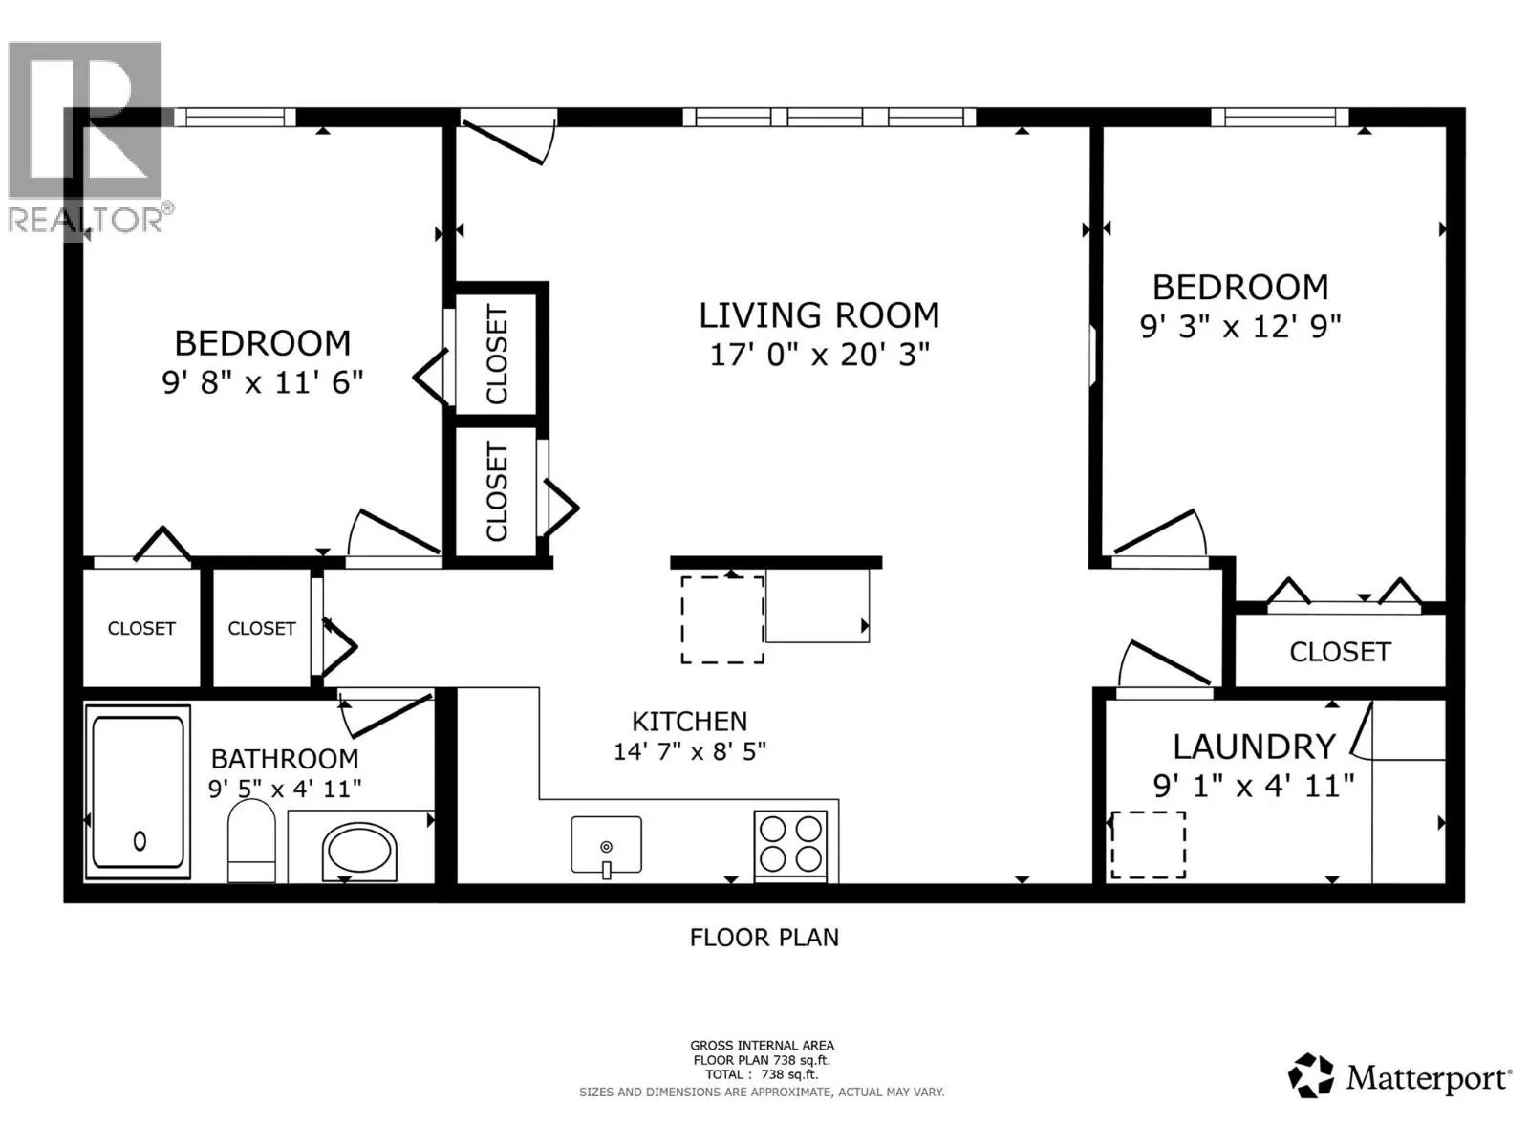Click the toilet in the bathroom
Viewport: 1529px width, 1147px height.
coord(252,841)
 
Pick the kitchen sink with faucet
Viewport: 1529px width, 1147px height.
coord(606,845)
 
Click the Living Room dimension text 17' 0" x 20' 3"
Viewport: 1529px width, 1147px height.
coord(819,355)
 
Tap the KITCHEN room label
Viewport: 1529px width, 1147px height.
coord(689,722)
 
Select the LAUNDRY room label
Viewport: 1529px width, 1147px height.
coord(1254,746)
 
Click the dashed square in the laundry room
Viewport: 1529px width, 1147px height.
coord(1147,845)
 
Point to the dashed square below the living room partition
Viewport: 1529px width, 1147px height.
coord(722,619)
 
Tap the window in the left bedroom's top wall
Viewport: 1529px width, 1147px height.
coord(236,117)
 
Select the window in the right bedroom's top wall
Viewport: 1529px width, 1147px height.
coord(1280,117)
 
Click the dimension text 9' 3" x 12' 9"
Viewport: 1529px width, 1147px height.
coord(1239,327)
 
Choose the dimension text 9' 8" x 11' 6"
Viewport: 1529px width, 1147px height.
coord(263,382)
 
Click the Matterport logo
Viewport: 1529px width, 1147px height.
coord(1400,1078)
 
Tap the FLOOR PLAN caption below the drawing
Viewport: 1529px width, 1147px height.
coord(764,938)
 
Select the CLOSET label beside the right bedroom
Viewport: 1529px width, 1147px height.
coord(1339,652)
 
